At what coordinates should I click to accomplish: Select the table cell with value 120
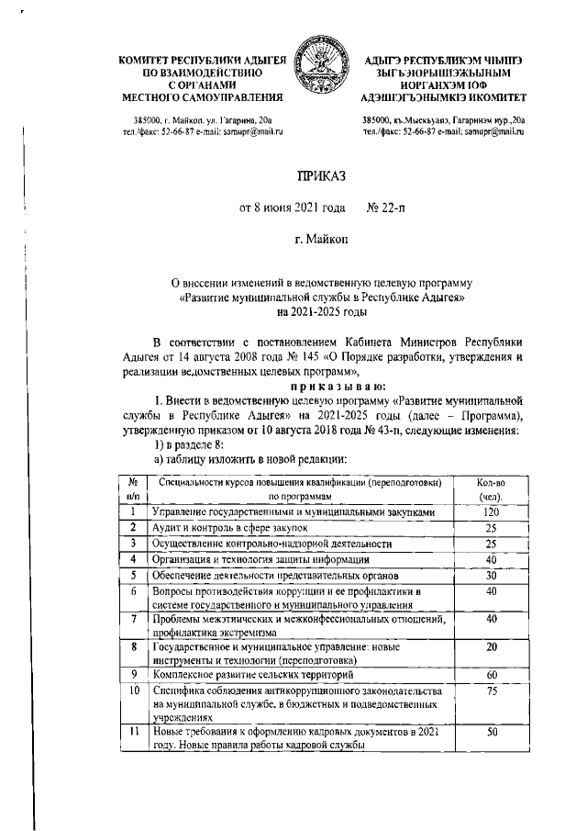tap(492, 511)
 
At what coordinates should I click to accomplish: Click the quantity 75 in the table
tap(492, 691)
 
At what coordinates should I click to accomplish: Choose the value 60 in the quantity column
tap(492, 673)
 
